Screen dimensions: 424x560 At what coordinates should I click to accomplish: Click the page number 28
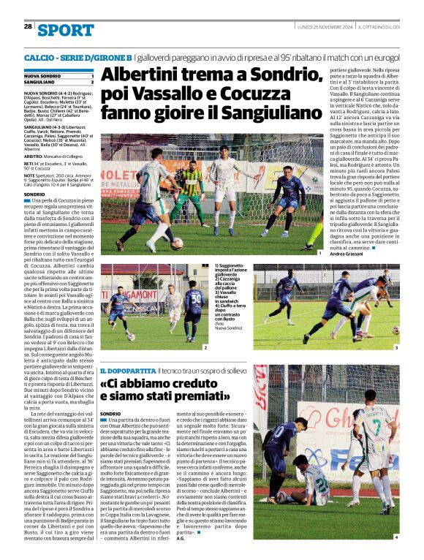[27, 26]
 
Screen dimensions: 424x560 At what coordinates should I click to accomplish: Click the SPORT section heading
[66, 30]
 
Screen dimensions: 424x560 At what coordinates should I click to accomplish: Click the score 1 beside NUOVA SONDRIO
[92, 76]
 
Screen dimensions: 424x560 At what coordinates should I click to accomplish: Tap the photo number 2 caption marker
[205, 347]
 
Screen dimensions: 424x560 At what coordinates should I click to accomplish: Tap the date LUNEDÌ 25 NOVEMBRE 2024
[325, 26]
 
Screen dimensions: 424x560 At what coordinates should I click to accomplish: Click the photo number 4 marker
[396, 537]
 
